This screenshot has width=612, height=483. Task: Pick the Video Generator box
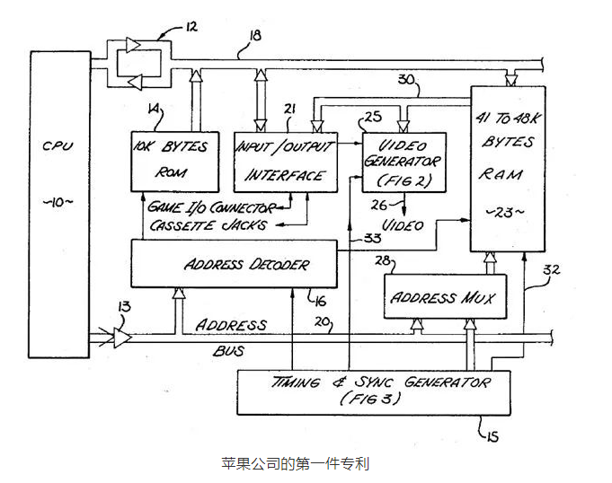tap(403, 162)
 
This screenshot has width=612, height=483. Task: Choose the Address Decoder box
tap(235, 264)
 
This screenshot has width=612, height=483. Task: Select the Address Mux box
tap(444, 297)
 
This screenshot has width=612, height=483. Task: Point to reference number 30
tap(406, 79)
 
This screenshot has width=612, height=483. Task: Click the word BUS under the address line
tap(229, 350)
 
